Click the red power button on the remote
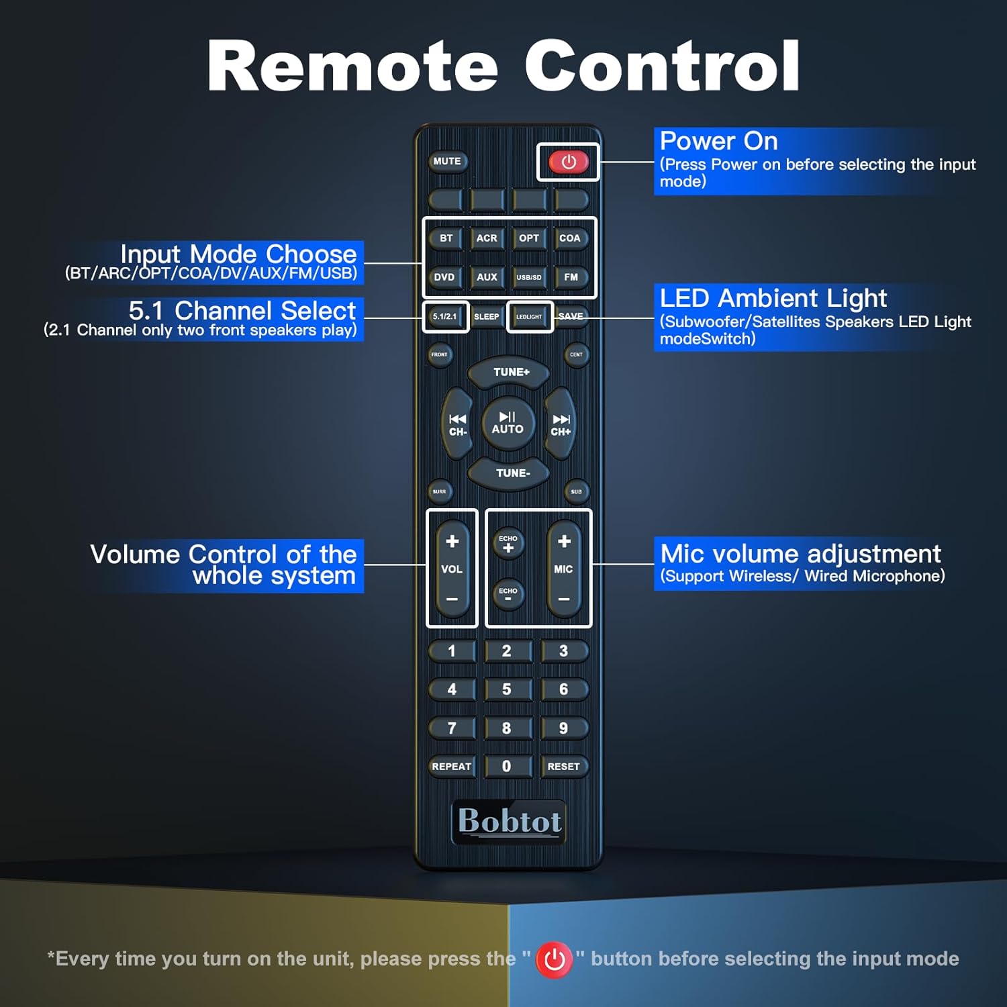(x=569, y=162)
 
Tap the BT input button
(x=446, y=238)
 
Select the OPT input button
(x=529, y=238)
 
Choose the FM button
(x=571, y=277)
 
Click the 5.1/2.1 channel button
(x=445, y=317)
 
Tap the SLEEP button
(x=487, y=317)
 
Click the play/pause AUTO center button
(x=508, y=423)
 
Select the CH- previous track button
(x=458, y=425)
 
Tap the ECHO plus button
(x=508, y=544)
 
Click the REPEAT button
(x=452, y=767)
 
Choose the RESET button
(x=563, y=767)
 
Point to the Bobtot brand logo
(x=509, y=822)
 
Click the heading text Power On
(x=718, y=141)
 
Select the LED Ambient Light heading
(x=773, y=298)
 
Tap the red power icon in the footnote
(x=554, y=959)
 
